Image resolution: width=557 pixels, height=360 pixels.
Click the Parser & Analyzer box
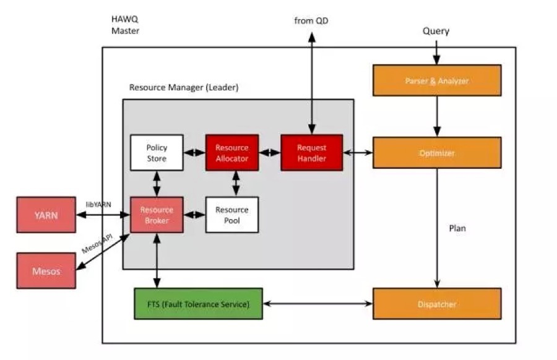coord(437,80)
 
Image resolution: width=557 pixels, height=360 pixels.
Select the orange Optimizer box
coord(437,153)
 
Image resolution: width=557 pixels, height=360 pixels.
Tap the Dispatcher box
coord(437,304)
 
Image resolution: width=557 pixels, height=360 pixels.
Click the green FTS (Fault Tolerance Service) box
coord(198,304)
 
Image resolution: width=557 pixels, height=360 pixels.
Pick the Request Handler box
coord(311,153)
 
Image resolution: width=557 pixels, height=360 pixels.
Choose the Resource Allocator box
coord(231,153)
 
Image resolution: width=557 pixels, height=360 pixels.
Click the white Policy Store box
coord(157,153)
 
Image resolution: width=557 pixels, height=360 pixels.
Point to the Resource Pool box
coord(231,215)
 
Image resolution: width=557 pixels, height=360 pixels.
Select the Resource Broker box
coord(157,215)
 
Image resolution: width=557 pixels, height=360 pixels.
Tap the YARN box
coord(46,215)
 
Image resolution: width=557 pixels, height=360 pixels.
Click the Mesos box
coord(46,270)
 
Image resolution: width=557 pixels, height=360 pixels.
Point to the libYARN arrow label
coord(97,204)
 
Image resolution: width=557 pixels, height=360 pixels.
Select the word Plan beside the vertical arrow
coord(457,228)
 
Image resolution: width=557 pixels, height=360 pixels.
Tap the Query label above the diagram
coord(436,31)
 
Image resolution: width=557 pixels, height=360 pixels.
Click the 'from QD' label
coord(312,21)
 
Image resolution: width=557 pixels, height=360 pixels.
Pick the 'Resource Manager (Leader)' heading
coord(183,87)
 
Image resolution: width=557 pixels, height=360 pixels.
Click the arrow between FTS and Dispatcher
coord(317,304)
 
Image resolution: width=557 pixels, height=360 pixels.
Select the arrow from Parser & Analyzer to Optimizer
coord(437,116)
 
